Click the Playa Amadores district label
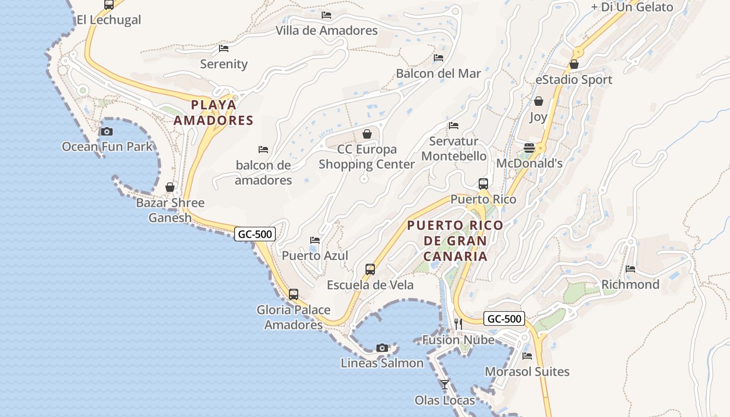[x=213, y=113]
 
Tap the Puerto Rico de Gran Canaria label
[x=455, y=241]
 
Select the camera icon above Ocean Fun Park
[x=107, y=131]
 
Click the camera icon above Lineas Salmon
[x=382, y=348]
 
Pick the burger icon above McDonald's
[x=529, y=148]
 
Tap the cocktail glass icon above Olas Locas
[x=445, y=385]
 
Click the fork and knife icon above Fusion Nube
[x=458, y=324]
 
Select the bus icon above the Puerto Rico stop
[x=483, y=183]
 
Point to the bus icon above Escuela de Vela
[x=370, y=269]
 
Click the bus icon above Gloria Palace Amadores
[x=294, y=294]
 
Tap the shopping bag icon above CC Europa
[x=367, y=134]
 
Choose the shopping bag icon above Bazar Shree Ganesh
[x=170, y=187]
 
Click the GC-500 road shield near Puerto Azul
[x=255, y=234]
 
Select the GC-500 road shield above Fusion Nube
[x=504, y=318]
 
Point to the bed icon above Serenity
[x=224, y=48]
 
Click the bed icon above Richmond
[x=630, y=269]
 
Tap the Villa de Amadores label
[x=326, y=31]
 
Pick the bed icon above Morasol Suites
[x=527, y=356]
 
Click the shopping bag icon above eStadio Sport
[x=574, y=64]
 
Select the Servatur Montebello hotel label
[x=454, y=149]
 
